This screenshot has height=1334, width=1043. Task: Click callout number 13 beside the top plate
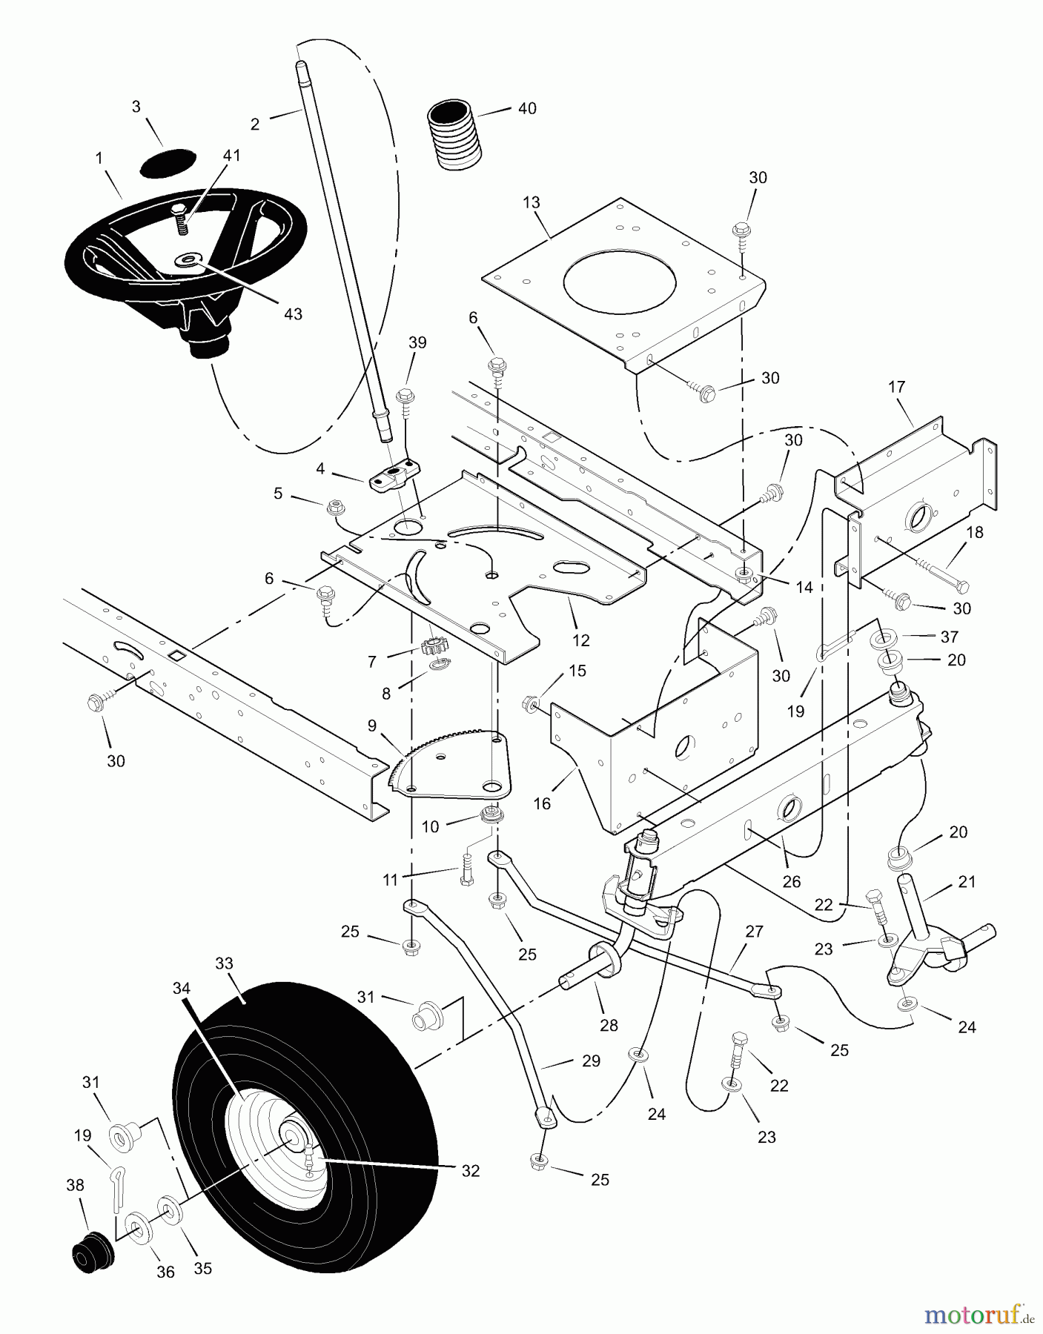coord(531,203)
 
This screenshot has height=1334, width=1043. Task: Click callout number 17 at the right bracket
coord(896,387)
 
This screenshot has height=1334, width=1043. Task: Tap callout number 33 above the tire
coord(224,963)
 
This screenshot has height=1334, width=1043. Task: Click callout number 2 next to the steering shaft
coord(255,125)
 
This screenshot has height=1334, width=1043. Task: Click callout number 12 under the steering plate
coord(580,640)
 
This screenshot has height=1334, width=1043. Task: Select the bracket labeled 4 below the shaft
coord(393,475)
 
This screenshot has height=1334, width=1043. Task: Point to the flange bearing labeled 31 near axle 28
coord(428,1015)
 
